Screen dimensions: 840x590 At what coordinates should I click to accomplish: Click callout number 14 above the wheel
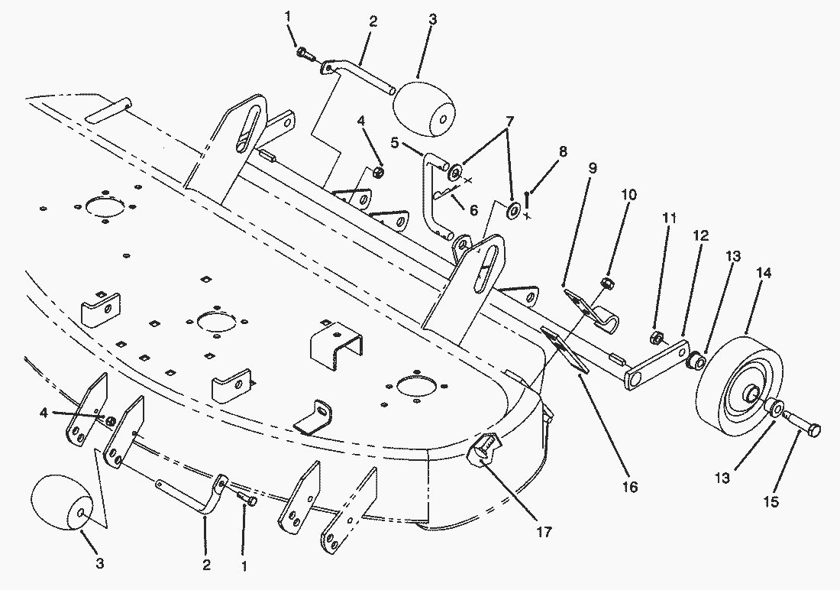pos(764,273)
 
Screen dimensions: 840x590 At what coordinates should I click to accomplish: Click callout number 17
pos(544,532)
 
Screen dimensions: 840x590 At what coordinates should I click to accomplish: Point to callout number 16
pos(630,487)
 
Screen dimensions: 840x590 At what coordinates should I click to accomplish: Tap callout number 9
pos(592,168)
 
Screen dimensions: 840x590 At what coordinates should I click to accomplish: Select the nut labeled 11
pos(657,338)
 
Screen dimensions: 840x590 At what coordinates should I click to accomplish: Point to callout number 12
pos(701,235)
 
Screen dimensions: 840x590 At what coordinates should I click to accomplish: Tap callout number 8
pos(563,152)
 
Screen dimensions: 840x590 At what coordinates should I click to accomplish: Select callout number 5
pos(395,143)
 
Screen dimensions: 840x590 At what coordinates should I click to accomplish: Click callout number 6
pos(473,209)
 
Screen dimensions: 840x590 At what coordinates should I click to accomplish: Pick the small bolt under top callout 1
pos(303,53)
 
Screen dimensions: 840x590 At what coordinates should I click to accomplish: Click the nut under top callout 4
pos(377,173)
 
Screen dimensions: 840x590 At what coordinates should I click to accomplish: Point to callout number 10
pos(629,195)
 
